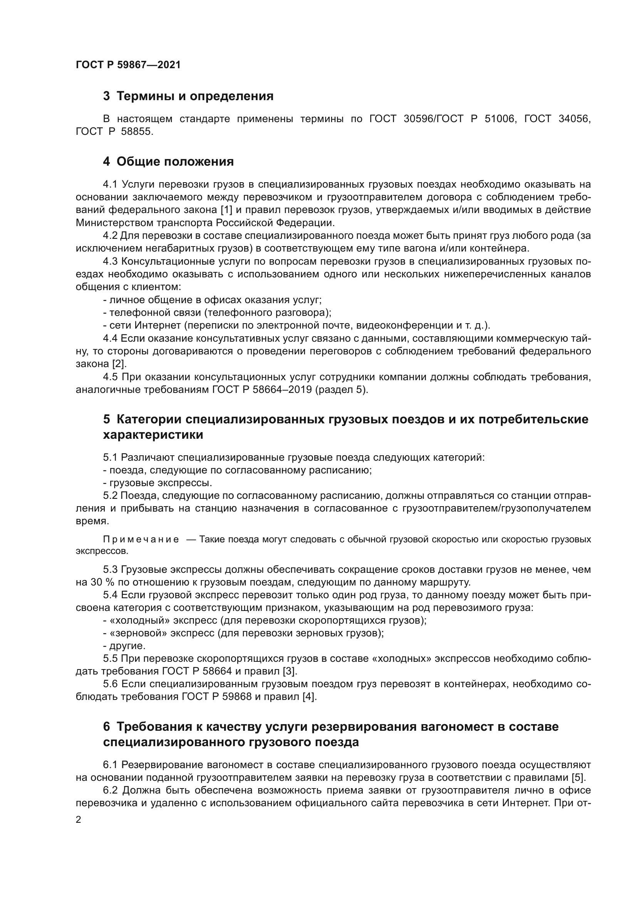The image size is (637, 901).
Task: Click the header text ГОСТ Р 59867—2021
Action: click(x=128, y=65)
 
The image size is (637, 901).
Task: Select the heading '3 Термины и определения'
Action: click(x=188, y=96)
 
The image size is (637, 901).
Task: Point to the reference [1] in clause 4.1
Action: click(x=226, y=210)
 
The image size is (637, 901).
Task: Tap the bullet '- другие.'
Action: click(x=124, y=646)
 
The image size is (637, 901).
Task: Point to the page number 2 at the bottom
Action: click(x=79, y=820)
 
